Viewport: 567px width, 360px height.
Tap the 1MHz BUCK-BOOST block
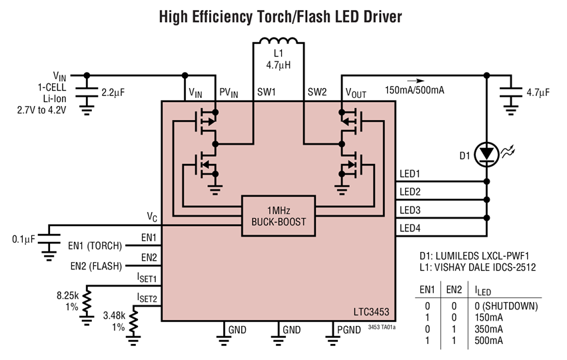278,215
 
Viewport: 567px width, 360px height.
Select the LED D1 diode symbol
488,154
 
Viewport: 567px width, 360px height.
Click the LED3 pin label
410,210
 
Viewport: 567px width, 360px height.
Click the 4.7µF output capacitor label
538,93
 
